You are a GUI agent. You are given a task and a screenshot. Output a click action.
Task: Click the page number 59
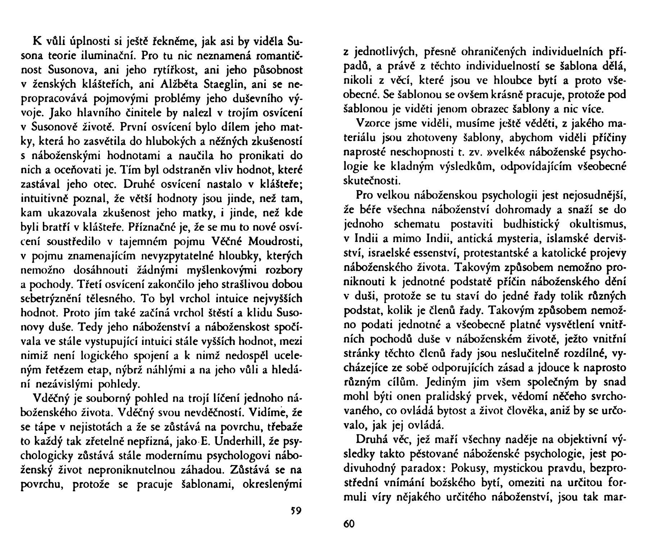(295, 510)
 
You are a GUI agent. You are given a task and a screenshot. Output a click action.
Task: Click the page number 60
(349, 524)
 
